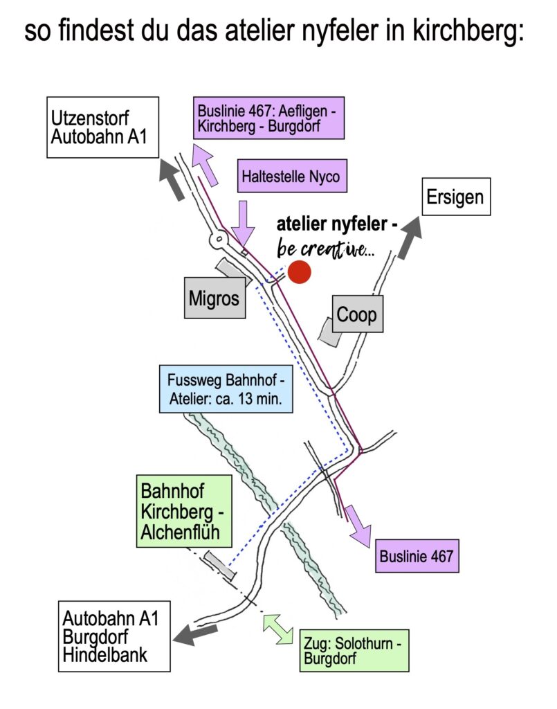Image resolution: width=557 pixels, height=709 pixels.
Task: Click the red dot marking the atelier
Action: pyautogui.click(x=300, y=272)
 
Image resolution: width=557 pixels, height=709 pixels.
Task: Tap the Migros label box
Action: pyautogui.click(x=214, y=298)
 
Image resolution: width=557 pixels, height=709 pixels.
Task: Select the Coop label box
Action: pyautogui.click(x=357, y=314)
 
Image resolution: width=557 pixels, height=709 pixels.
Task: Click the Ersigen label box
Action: pyautogui.click(x=456, y=197)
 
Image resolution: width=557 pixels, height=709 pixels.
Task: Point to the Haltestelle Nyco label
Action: pyautogui.click(x=291, y=177)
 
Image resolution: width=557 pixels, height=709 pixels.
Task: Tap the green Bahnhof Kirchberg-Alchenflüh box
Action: pyautogui.click(x=183, y=511)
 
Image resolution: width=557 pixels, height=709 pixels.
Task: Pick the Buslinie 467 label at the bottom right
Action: pyautogui.click(x=417, y=555)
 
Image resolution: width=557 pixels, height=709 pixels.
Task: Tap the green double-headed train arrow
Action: pyautogui.click(x=278, y=629)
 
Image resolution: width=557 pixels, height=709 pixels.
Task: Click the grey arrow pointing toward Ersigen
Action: pyautogui.click(x=409, y=235)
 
